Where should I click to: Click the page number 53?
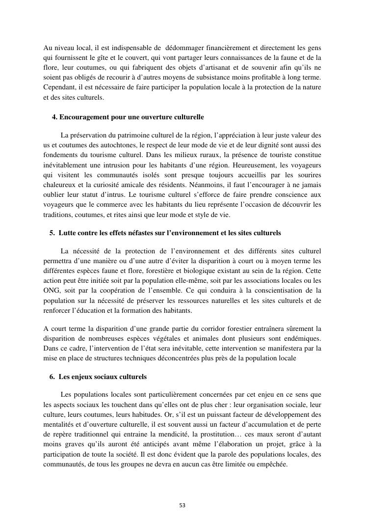(182, 505)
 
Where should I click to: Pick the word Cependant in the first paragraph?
(59, 87)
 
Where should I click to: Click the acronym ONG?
(52, 290)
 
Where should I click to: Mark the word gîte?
(99, 59)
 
